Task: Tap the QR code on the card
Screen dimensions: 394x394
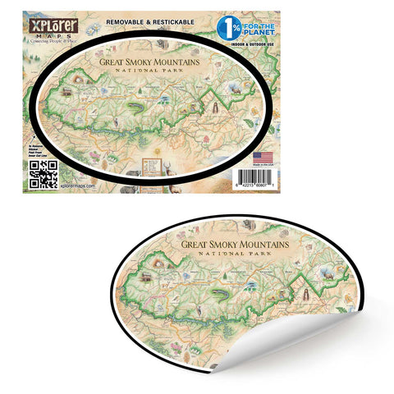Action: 43,173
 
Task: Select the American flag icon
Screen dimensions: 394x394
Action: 263,155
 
